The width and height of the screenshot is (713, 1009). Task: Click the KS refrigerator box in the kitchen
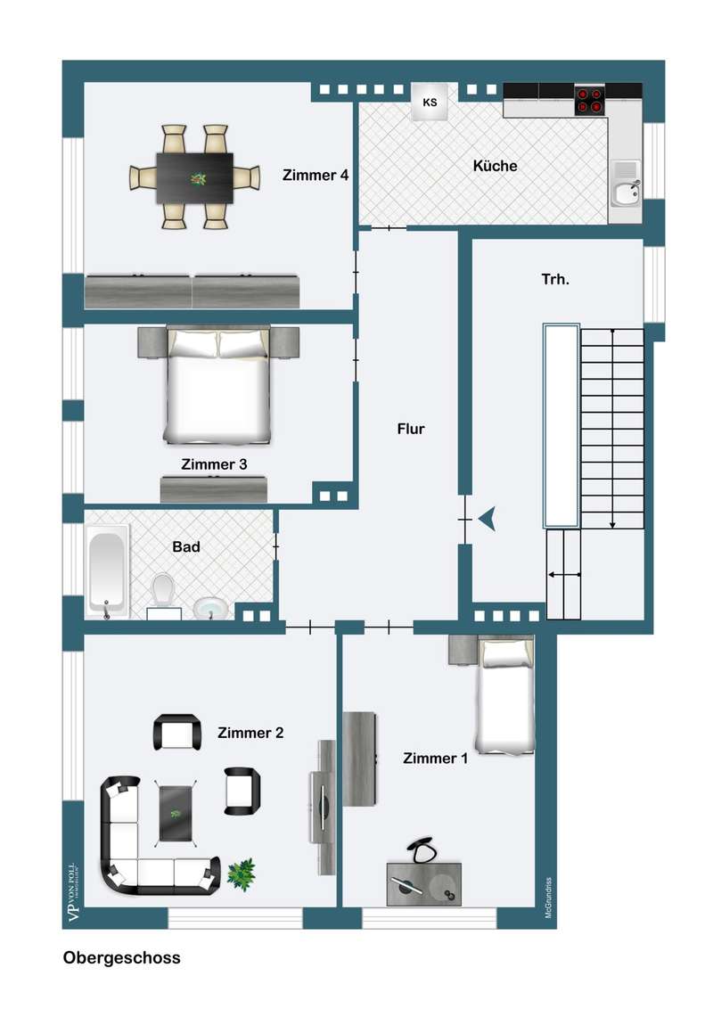pos(430,102)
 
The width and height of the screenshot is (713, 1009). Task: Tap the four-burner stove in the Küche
pos(590,101)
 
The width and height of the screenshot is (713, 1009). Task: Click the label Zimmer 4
pos(316,175)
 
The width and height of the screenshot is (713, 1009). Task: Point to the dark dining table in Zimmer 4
pos(195,178)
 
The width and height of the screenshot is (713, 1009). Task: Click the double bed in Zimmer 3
pos(217,384)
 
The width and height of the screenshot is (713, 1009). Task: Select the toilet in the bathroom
pos(163,589)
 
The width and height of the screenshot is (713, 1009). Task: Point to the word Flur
pos(411,429)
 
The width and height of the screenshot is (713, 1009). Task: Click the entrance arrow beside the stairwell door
pos(488,519)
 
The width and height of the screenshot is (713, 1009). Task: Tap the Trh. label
pos(555,279)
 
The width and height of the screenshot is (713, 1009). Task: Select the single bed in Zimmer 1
pos(504,694)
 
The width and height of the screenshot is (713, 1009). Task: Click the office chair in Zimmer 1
pos(422,850)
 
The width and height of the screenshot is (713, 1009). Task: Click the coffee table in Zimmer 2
pos(176,814)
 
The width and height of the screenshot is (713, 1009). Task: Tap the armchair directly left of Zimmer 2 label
pos(177,733)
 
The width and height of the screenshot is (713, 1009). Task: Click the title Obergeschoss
pos(121,957)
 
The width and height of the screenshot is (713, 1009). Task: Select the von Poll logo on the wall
pos(73,892)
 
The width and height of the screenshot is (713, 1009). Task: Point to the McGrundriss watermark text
pos(548,898)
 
